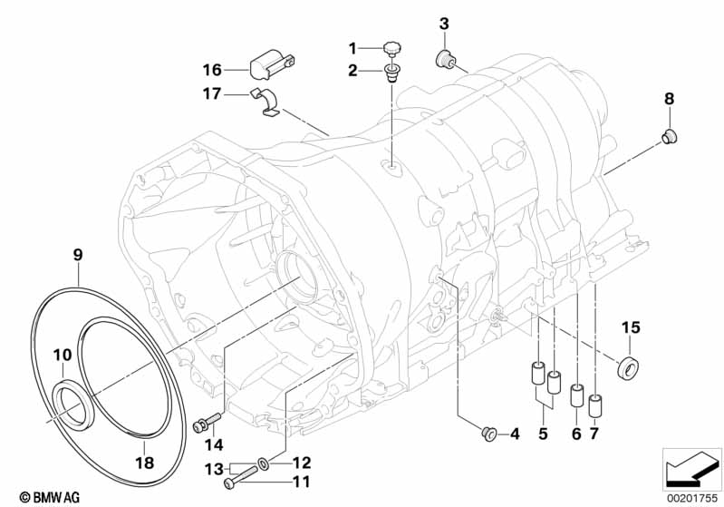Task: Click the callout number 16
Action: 211,68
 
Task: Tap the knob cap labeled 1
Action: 393,46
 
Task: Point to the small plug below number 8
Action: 671,137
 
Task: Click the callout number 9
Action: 78,256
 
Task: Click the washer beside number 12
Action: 262,464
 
